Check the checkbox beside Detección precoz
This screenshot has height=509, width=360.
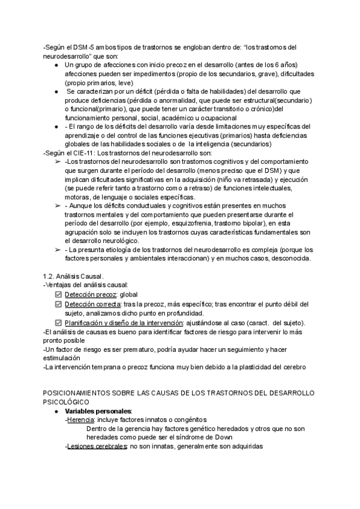point(58,295)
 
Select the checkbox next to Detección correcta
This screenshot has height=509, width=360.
point(58,304)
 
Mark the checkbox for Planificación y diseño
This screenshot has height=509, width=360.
point(58,323)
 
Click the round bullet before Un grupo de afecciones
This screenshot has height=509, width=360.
point(56,65)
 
